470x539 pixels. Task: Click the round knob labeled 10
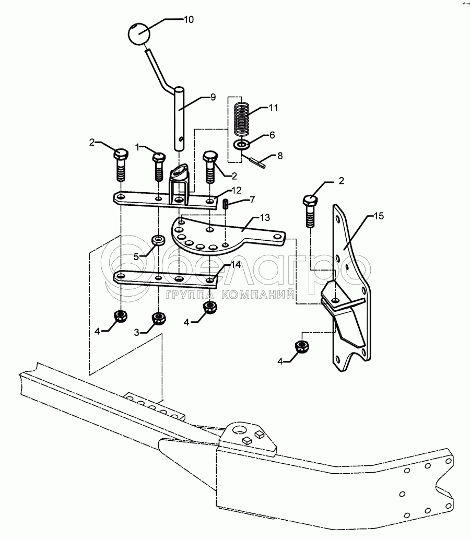139,33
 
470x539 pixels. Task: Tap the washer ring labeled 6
242,144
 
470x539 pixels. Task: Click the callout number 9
213,97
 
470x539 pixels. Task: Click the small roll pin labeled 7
226,204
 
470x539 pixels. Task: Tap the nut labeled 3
159,318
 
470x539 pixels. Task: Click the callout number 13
265,218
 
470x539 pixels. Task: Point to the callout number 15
379,216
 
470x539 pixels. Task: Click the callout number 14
236,264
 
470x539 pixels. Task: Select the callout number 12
237,190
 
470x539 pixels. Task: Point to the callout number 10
189,20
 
